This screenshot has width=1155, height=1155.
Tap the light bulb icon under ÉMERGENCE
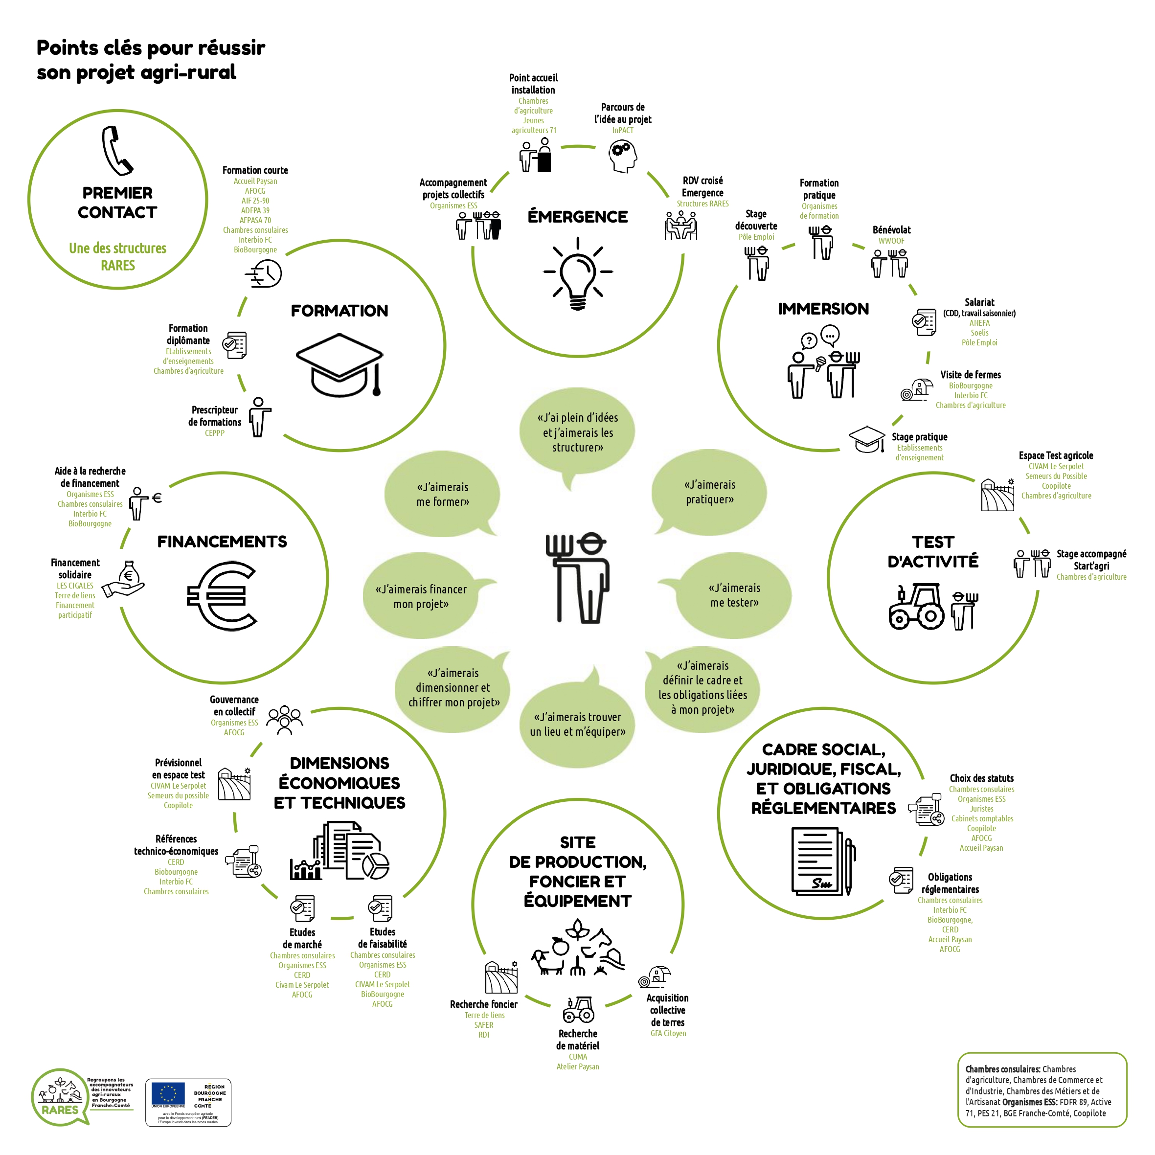[x=577, y=274]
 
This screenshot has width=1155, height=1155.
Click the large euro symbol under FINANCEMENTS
[x=222, y=595]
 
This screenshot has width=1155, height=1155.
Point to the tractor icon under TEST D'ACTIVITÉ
[x=916, y=606]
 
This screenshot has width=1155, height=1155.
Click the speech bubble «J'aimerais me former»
[x=442, y=495]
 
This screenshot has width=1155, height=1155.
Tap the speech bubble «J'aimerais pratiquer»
[x=710, y=492]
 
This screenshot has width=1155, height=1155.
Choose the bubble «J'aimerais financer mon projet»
[x=421, y=596]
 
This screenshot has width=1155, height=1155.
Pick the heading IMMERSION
[x=823, y=309]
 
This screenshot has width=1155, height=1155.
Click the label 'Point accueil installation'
[x=533, y=84]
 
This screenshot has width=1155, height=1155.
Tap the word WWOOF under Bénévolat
[x=891, y=241]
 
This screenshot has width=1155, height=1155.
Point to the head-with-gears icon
[x=622, y=156]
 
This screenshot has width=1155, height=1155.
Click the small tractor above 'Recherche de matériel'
[x=578, y=1010]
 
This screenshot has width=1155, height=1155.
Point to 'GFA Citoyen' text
[x=668, y=1033]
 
